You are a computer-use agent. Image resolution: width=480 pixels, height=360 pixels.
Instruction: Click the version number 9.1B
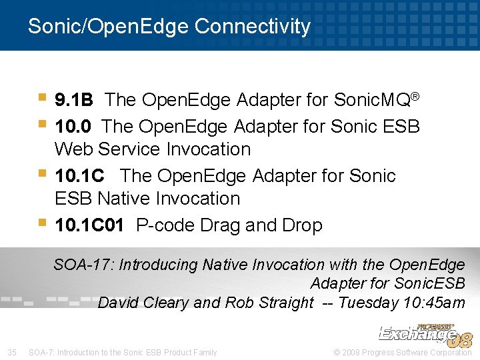coord(74,100)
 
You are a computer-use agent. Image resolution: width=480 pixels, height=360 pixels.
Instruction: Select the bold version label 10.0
coord(74,126)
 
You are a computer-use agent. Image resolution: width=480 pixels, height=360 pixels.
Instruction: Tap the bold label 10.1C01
coord(89,226)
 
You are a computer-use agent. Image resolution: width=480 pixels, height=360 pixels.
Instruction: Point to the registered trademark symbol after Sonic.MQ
coord(415,97)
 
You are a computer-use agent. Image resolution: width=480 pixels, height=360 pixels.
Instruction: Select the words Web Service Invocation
coord(153,149)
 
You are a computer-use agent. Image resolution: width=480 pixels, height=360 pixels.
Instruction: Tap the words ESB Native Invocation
coord(147,199)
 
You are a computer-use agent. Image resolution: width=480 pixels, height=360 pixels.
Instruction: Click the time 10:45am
coord(434,303)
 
